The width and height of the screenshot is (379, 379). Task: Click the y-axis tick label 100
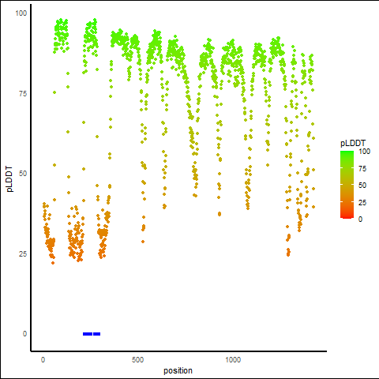point(21,13)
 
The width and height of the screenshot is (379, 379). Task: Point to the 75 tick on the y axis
point(23,93)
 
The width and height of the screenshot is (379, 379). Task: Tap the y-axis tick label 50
point(23,174)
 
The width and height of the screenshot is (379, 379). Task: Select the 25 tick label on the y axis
point(23,254)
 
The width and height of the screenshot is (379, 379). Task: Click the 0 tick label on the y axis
point(24,334)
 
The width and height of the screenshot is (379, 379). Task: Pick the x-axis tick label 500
point(137,360)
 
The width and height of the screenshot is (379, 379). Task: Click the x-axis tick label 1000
point(233,360)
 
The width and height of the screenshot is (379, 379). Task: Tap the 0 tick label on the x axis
point(43,360)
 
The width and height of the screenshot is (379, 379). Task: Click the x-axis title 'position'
point(178,370)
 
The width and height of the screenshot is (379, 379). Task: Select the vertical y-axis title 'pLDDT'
point(9,178)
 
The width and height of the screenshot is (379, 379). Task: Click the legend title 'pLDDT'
point(353,143)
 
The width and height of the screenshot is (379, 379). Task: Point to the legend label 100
point(365,152)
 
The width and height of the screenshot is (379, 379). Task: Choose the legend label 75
point(362,169)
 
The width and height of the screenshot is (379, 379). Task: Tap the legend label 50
point(362,186)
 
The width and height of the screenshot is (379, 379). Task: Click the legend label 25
point(362,202)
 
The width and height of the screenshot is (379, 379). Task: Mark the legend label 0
point(361,219)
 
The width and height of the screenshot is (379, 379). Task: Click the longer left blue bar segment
point(88,334)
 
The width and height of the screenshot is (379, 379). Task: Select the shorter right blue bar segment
point(96,334)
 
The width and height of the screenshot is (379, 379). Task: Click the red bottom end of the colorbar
point(347,217)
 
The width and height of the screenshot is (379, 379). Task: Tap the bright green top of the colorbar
point(347,152)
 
